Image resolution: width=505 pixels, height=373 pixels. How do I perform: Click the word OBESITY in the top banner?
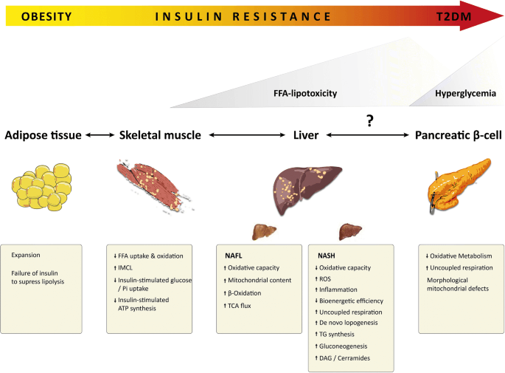(x=46, y=16)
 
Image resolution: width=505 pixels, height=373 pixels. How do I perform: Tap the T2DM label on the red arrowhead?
(x=453, y=16)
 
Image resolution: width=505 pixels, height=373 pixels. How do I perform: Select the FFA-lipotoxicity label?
(x=305, y=94)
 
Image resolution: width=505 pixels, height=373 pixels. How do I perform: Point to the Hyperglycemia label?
(x=465, y=94)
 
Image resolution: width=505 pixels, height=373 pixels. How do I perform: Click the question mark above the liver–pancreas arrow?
(x=370, y=120)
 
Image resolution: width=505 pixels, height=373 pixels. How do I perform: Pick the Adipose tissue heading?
(x=43, y=135)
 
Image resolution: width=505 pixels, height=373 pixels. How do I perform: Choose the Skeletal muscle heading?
(x=160, y=135)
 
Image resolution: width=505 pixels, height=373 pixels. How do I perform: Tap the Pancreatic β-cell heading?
(x=459, y=135)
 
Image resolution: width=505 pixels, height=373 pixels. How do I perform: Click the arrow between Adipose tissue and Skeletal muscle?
(x=100, y=135)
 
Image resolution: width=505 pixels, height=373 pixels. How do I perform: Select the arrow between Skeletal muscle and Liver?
(x=247, y=135)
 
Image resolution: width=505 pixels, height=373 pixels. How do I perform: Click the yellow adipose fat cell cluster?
(x=41, y=187)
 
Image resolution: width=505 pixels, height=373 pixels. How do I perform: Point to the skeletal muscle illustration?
(x=156, y=185)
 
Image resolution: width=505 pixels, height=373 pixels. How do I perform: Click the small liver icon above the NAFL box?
(x=264, y=232)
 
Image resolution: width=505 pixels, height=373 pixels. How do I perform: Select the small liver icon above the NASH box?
(x=350, y=232)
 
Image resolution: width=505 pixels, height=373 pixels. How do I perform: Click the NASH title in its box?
(x=327, y=256)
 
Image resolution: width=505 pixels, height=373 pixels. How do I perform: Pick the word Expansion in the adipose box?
(x=26, y=255)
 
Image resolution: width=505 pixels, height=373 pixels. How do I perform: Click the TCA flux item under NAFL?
(x=237, y=306)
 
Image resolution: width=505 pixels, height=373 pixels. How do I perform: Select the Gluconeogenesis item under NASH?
(x=341, y=346)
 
